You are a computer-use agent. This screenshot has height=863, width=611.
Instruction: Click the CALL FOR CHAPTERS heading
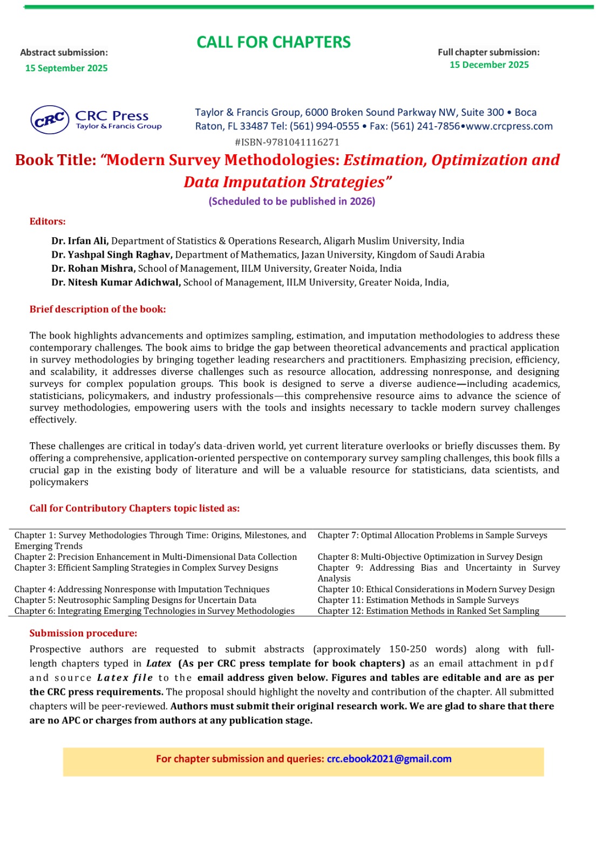(x=273, y=42)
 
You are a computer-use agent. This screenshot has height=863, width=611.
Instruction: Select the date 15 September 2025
(x=66, y=68)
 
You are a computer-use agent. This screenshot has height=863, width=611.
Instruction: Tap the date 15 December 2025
(x=489, y=65)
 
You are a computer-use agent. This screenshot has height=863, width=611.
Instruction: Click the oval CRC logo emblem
(x=50, y=120)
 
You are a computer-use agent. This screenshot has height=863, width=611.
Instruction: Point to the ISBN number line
(x=287, y=142)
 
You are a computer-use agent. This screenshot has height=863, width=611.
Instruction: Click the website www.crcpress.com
(x=509, y=126)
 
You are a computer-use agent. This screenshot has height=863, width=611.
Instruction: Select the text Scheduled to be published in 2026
(x=291, y=201)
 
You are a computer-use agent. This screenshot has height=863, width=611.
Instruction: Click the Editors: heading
(x=47, y=222)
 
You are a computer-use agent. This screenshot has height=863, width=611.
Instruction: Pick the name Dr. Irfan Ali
(x=80, y=241)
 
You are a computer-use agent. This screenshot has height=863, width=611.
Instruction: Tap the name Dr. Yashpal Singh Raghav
(x=112, y=255)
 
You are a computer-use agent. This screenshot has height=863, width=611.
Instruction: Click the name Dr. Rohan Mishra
(x=93, y=269)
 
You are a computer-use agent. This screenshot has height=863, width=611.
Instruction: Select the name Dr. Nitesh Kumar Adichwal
(x=116, y=283)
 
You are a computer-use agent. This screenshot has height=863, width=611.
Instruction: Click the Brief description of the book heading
(x=98, y=309)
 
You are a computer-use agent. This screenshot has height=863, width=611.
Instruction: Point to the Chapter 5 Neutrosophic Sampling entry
(x=135, y=600)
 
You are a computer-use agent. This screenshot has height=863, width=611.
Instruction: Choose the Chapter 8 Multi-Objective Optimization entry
(x=430, y=557)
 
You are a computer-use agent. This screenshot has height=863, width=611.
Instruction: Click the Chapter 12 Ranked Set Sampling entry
(x=428, y=611)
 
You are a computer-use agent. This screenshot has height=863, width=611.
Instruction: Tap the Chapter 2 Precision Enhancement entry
(x=155, y=557)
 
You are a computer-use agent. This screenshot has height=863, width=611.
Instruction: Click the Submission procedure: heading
(x=83, y=633)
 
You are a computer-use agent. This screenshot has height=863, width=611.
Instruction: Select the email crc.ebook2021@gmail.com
(x=389, y=759)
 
